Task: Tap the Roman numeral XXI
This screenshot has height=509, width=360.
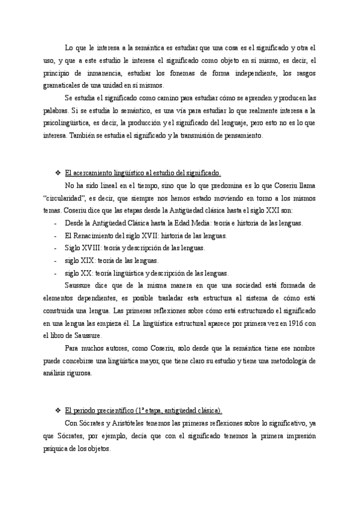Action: click(x=278, y=211)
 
